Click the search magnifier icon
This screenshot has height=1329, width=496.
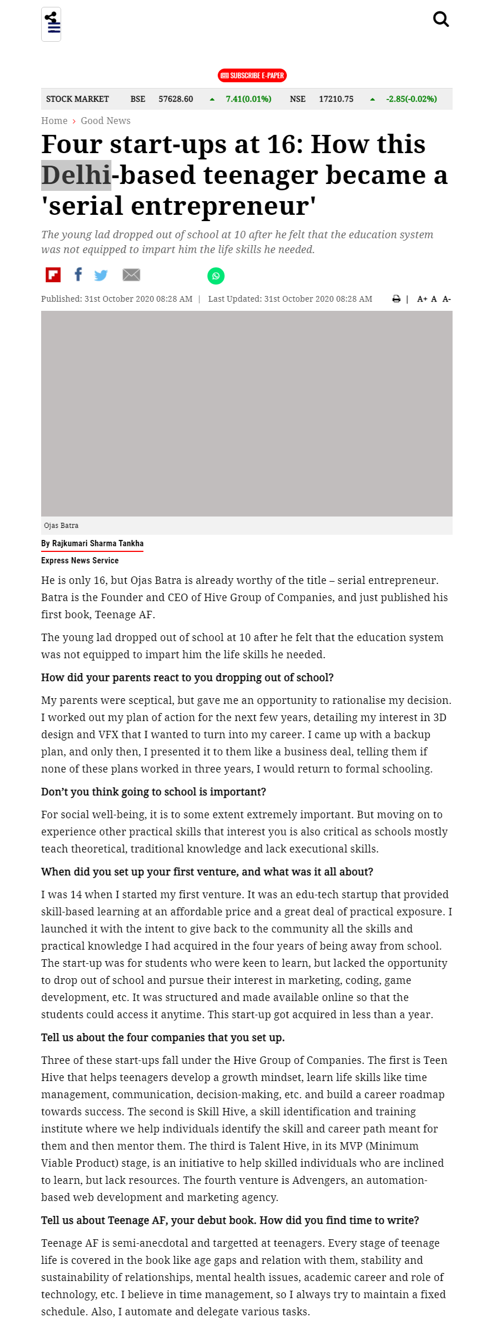[441, 19]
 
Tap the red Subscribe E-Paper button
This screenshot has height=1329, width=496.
[252, 75]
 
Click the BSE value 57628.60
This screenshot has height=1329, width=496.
[175, 99]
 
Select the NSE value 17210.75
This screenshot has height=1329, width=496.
[336, 99]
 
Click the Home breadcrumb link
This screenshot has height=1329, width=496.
[54, 121]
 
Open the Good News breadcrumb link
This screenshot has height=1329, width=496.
[106, 121]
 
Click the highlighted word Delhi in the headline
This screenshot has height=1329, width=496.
[76, 175]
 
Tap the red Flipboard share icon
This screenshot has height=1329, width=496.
[53, 275]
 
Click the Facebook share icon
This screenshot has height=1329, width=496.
[78, 275]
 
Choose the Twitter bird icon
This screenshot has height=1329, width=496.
[101, 275]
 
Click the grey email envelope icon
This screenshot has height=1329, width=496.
[131, 275]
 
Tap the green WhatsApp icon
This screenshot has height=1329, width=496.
[216, 276]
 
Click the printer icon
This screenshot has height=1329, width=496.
[396, 299]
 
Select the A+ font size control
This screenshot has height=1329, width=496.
[422, 299]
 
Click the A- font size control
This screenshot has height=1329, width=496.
[446, 299]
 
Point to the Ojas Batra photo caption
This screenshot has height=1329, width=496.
[61, 526]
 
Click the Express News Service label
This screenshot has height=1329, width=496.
[80, 561]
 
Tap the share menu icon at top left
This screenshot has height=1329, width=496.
[51, 24]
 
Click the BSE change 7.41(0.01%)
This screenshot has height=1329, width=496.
[249, 99]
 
